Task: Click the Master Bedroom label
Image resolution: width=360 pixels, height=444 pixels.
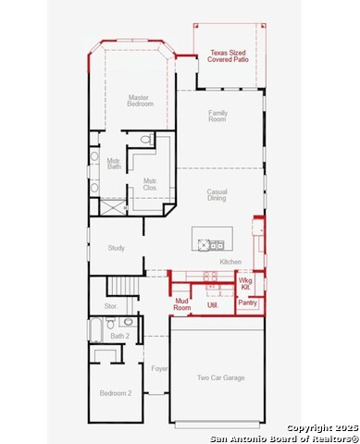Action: (141, 101)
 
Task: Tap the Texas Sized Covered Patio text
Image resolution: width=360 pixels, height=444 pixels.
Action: (228, 56)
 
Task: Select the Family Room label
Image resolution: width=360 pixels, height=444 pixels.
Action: (217, 116)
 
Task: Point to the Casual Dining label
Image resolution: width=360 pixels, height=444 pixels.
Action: (217, 195)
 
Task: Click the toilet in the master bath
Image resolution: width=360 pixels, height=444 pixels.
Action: (147, 140)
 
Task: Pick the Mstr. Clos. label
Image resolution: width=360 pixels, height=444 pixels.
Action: (150, 184)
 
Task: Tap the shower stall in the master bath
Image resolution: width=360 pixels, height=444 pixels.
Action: (113, 208)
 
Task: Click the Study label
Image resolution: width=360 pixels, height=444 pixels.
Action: (117, 248)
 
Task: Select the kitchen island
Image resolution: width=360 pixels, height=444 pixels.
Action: (212, 239)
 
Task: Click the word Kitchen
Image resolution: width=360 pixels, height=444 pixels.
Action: (230, 262)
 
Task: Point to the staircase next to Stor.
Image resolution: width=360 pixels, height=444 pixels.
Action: (123, 287)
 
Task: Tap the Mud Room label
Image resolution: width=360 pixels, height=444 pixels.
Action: (182, 304)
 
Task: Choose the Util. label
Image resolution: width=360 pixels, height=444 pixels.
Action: (213, 305)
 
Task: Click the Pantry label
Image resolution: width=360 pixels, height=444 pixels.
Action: (247, 302)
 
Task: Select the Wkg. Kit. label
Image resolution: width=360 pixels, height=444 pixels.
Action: (246, 284)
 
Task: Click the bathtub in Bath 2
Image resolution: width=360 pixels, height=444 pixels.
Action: (95, 330)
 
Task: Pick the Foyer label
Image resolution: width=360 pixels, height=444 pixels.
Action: (159, 368)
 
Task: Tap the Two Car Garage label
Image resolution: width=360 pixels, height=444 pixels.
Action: (221, 377)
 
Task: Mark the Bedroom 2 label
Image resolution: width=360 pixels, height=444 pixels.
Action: (116, 393)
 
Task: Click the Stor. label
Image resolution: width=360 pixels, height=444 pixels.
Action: (111, 306)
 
